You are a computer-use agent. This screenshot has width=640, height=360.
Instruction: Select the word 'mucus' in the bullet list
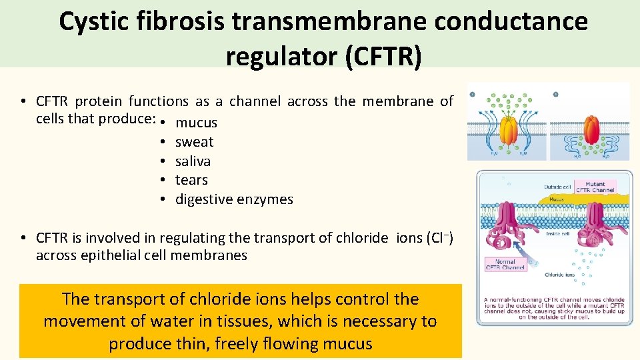(x=196, y=123)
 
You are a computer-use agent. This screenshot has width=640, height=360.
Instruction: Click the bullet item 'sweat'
(x=194, y=142)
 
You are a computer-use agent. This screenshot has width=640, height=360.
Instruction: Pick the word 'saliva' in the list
(x=193, y=161)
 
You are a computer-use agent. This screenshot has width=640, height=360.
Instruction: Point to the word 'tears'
(x=191, y=180)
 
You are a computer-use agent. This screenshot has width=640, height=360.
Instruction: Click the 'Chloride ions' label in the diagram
(x=560, y=275)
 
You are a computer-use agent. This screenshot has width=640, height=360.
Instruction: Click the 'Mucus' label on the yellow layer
(x=556, y=199)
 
